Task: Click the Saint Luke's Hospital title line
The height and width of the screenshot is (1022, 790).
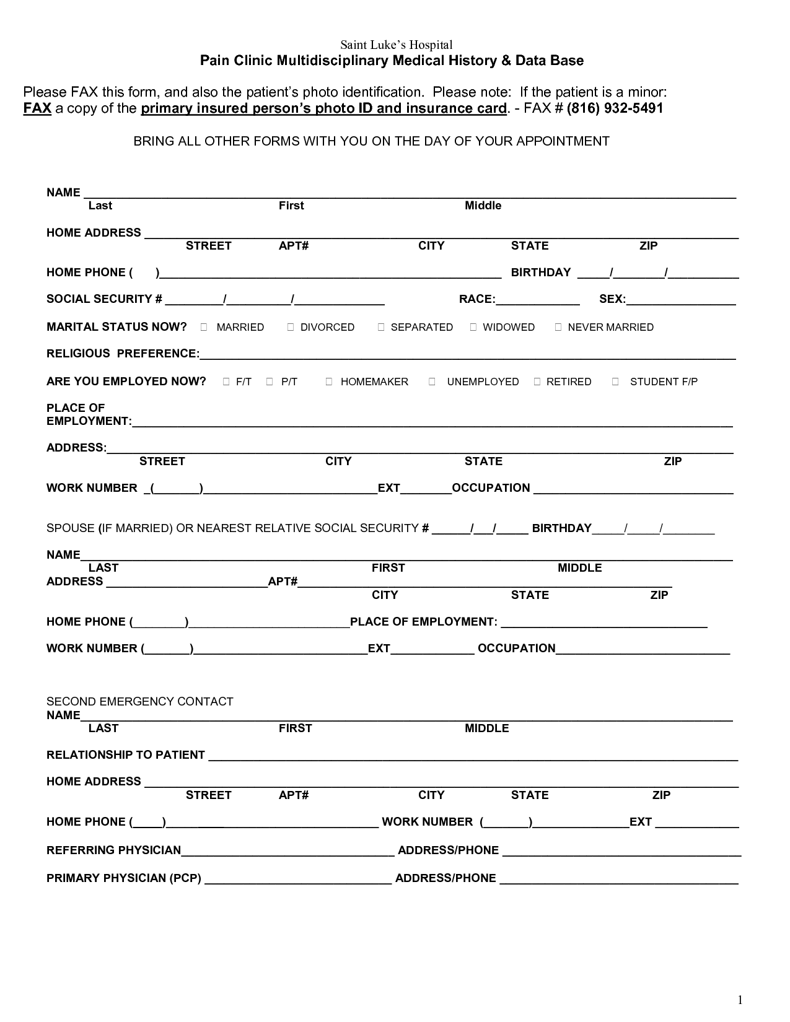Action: [397, 45]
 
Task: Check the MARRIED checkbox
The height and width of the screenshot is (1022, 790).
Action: [204, 327]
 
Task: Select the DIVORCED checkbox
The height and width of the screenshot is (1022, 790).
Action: [291, 327]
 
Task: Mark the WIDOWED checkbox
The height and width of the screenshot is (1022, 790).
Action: [473, 327]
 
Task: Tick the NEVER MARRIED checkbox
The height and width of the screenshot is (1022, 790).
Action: [558, 327]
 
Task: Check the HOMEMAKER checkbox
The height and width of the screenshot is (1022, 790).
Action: [329, 382]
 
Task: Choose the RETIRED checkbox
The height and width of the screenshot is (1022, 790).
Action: [537, 382]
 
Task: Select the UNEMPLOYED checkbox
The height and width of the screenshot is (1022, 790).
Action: [432, 382]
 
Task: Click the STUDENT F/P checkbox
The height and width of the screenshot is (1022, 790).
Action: [615, 382]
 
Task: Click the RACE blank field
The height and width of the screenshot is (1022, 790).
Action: [538, 300]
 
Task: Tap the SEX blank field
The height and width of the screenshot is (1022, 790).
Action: [681, 300]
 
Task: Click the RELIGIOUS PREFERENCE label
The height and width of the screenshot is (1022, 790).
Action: [123, 354]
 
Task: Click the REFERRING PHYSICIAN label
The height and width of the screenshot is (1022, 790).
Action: [114, 850]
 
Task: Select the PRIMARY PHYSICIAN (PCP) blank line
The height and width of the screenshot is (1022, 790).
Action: [298, 878]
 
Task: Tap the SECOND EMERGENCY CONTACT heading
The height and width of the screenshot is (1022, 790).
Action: [139, 702]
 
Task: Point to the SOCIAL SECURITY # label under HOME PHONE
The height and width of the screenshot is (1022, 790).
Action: [104, 299]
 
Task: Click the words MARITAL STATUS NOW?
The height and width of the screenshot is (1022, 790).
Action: [116, 326]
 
